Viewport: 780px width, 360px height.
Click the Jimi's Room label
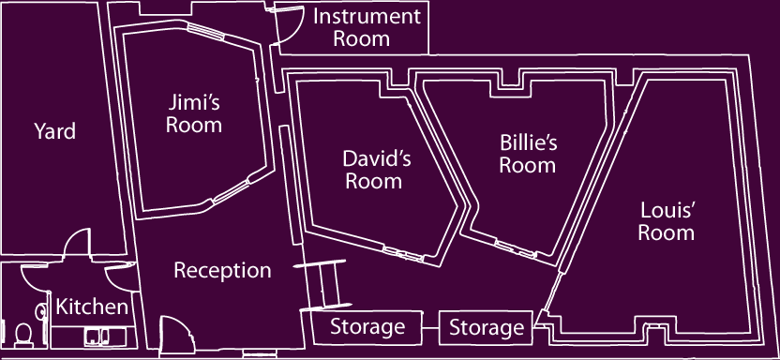point(194,112)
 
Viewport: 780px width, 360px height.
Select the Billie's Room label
point(528,154)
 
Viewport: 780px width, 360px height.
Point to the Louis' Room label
point(667,220)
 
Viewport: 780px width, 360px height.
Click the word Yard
point(54,131)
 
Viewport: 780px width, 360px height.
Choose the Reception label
point(222,271)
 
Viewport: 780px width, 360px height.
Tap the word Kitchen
point(91,307)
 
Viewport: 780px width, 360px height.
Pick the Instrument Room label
point(366,27)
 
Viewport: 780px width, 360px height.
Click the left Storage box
point(367,327)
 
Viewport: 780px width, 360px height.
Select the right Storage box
point(486,327)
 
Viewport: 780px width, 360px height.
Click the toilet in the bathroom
point(20,332)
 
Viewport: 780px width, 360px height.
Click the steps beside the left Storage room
point(327,285)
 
